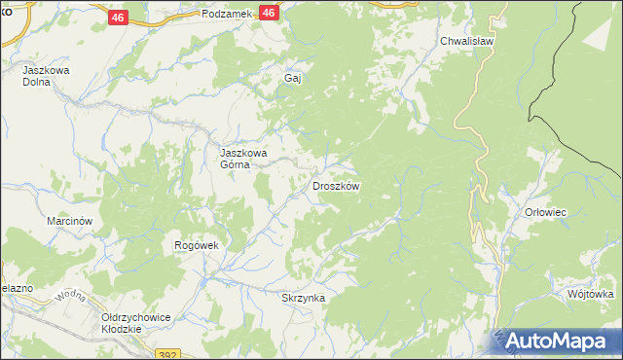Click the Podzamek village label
tap(228, 14)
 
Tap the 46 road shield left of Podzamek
tap(117, 18)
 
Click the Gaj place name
tap(289, 78)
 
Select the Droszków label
tap(336, 186)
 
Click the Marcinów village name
tap(69, 221)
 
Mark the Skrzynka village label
tap(302, 298)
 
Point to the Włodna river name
tap(72, 294)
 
